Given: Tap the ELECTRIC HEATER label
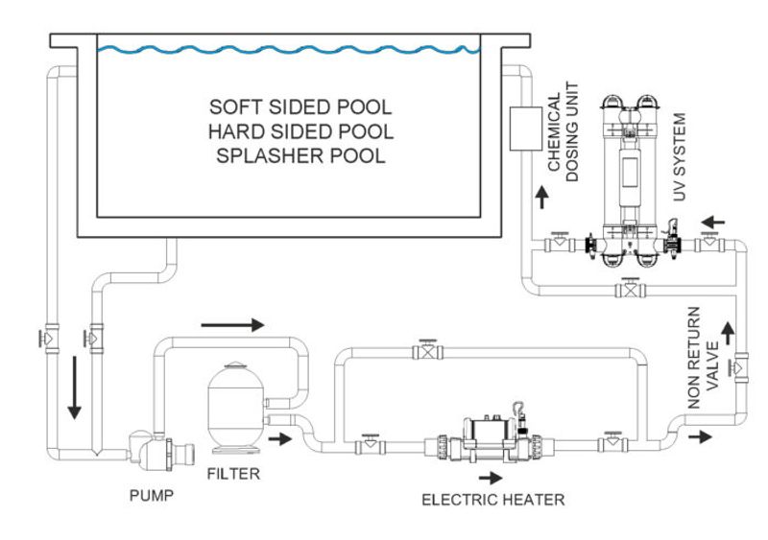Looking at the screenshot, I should [494, 499].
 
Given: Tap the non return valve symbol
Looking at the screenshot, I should [736, 366].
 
